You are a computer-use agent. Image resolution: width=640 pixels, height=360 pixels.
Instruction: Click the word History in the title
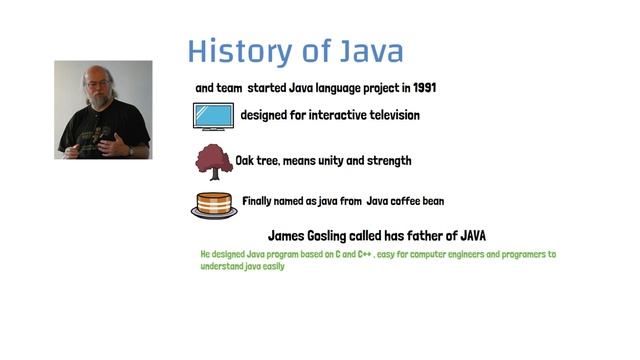235,51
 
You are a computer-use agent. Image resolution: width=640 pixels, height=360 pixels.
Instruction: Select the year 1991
421,88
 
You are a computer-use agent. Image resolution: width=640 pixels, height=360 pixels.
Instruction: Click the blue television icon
212,117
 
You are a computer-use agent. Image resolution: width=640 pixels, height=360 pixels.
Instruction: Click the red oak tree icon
212,160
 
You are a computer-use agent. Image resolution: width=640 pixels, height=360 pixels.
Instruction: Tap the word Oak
246,160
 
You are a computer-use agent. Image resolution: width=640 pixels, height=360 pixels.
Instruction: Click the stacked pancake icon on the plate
213,204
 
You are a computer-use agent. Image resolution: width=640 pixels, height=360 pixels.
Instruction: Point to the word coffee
409,201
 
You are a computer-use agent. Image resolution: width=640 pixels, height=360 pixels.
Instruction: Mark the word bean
445,201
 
